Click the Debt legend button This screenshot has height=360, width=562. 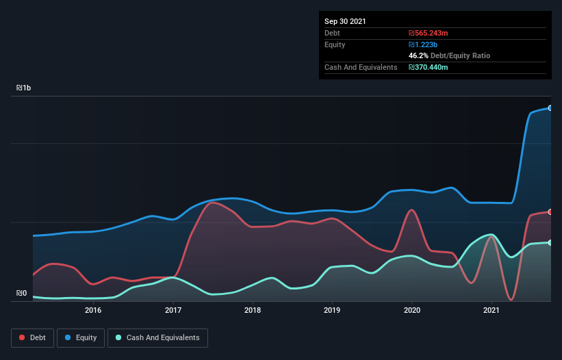pos(31,337)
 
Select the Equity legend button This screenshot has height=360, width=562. pos(81,337)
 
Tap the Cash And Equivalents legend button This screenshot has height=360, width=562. pos(157,337)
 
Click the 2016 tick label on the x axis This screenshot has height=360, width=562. pos(93,310)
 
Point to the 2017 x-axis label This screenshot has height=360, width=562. pos(173,310)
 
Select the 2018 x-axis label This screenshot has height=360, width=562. pos(253,310)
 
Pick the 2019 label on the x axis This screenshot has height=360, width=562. pos(332,310)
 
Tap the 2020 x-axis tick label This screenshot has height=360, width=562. pos(412,310)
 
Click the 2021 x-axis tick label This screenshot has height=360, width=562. pos(491,310)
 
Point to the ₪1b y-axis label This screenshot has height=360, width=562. pos(24,88)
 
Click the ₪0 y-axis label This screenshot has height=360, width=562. pos(22,294)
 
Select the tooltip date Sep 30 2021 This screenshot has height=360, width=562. pos(345,21)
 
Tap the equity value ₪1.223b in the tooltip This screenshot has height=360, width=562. pos(423,44)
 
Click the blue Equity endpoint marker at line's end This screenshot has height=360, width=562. pos(550,108)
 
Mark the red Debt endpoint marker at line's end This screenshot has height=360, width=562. pos(550,212)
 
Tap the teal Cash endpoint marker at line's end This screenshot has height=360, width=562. pos(550,243)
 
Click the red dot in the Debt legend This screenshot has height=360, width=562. pos(23,337)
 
